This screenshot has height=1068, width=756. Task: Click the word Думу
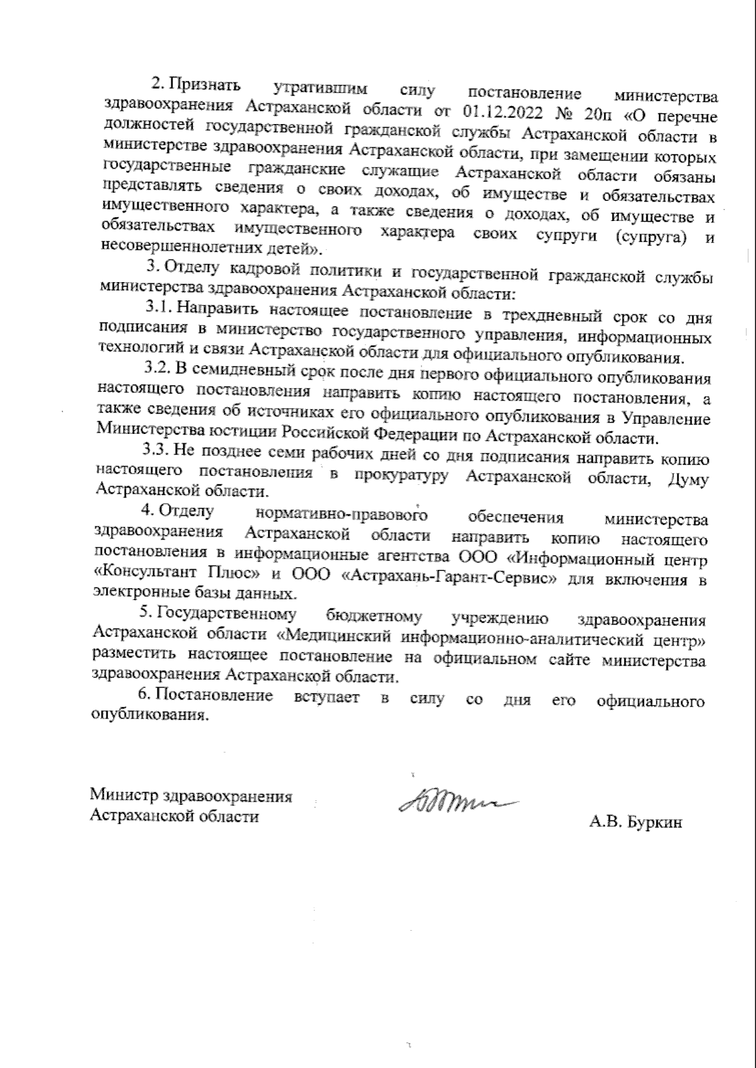pyautogui.click(x=687, y=479)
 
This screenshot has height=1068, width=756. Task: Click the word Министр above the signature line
pyautogui.click(x=124, y=796)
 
